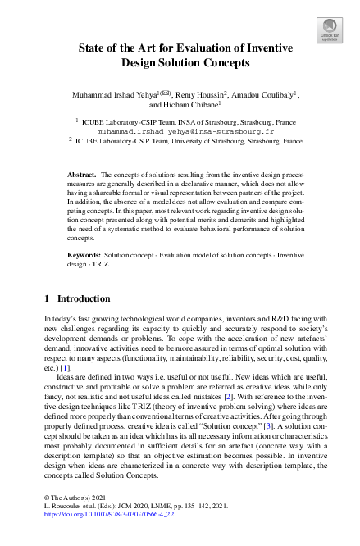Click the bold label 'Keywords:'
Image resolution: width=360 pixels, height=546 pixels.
pos(84,256)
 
